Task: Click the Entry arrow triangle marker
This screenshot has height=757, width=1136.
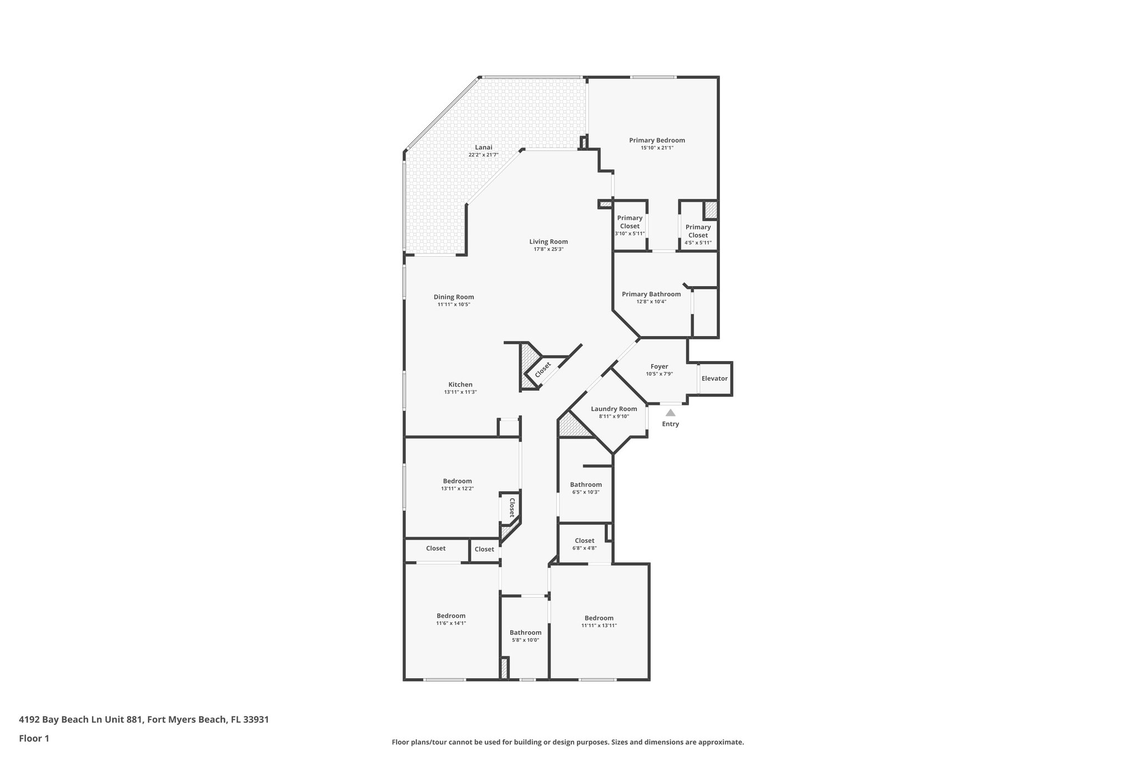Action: coord(670,413)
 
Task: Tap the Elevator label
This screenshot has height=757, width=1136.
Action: coord(714,378)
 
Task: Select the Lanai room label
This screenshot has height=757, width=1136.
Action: coord(483,147)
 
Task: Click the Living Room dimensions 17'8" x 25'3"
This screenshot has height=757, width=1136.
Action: coord(548,250)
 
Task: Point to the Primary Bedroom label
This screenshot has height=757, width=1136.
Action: coord(657,140)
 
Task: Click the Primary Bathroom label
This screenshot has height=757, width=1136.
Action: coord(651,294)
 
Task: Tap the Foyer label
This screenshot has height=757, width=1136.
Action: coord(659,367)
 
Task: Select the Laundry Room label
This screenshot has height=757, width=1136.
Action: coord(613,409)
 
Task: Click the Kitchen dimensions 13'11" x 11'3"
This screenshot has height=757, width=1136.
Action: coord(460,392)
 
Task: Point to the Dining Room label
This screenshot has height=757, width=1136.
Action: coord(454,297)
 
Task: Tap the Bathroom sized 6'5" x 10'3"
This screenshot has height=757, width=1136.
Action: coord(586,488)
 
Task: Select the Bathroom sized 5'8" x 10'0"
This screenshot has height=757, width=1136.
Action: coord(525,636)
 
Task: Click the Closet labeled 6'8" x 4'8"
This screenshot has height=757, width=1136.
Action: coord(585,544)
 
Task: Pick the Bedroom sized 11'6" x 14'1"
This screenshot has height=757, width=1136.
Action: coord(451,619)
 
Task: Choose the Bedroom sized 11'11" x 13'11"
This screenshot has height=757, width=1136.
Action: coord(599,621)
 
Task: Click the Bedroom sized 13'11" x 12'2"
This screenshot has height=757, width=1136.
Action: coord(457,484)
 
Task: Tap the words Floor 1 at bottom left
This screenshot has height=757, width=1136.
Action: coord(34,738)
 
